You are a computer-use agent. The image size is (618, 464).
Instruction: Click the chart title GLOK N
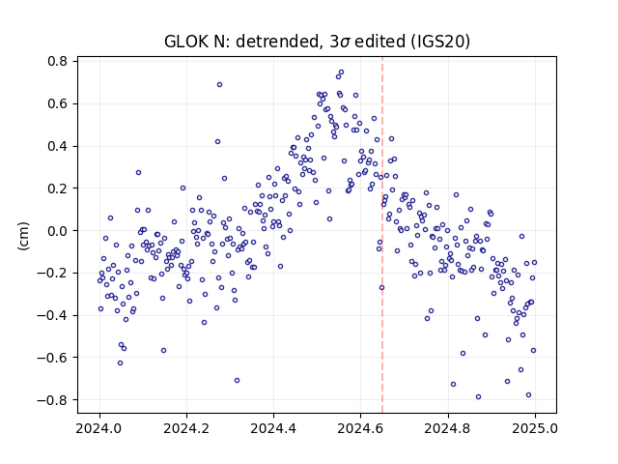pyautogui.click(x=317, y=41)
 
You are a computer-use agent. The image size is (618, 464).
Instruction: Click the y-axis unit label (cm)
pyautogui.click(x=23, y=236)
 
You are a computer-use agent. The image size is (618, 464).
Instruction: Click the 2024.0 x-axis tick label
pyautogui.click(x=99, y=428)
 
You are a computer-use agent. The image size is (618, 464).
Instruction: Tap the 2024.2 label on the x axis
pyautogui.click(x=186, y=428)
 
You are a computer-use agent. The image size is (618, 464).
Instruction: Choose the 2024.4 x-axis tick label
pyautogui.click(x=273, y=428)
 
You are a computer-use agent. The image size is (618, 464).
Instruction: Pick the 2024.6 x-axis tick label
pyautogui.click(x=360, y=428)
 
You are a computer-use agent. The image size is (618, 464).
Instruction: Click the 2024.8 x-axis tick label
pyautogui.click(x=448, y=428)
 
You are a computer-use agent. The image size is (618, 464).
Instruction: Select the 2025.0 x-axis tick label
pyautogui.click(x=535, y=428)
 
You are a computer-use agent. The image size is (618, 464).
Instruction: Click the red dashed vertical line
pyautogui.click(x=382, y=235)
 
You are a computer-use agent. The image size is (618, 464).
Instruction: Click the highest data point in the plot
pyautogui.click(x=341, y=72)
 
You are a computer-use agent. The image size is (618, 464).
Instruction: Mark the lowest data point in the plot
pyautogui.click(x=479, y=397)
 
